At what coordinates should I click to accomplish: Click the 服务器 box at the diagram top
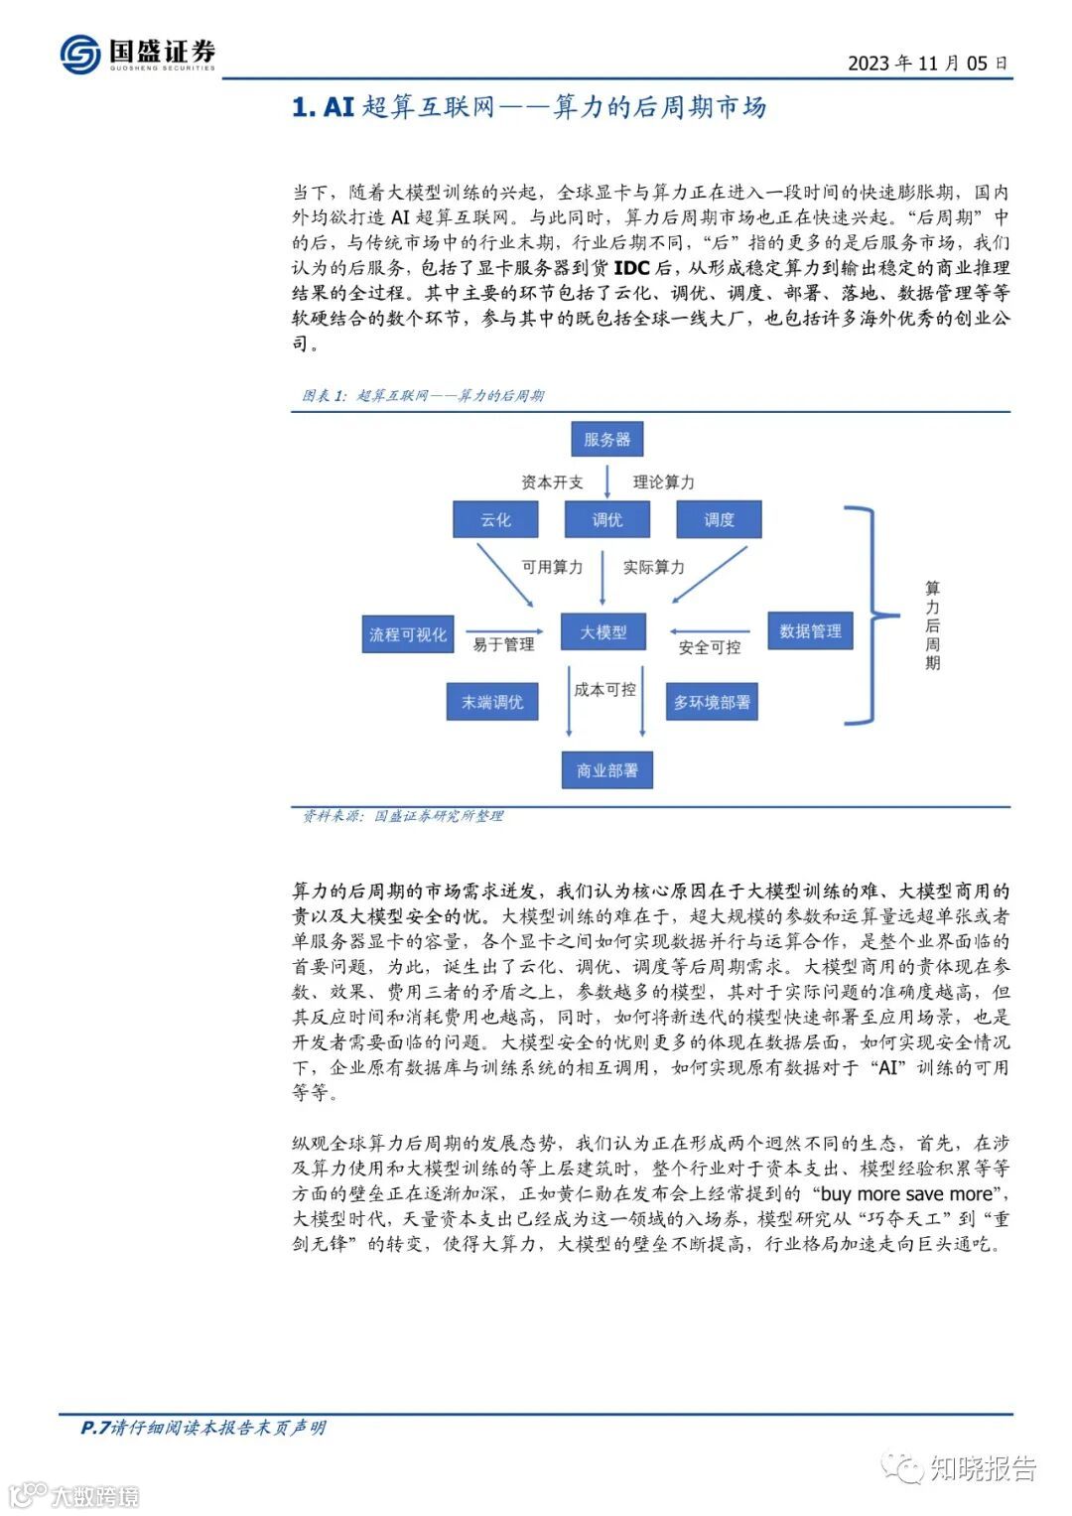606,439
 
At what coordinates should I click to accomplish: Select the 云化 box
495,519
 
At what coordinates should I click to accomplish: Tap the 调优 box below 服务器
606,519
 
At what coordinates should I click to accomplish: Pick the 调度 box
719,519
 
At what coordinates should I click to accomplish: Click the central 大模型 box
603,631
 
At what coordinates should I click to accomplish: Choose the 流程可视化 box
407,634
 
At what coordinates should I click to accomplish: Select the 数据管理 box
810,630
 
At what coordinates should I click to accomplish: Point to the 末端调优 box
491,702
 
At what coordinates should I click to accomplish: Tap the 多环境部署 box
712,702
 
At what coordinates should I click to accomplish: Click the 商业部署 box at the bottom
606,770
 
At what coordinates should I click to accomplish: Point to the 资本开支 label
552,482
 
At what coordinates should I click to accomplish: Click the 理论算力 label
663,482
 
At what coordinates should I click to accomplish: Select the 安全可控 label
709,647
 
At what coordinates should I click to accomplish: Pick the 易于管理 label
503,645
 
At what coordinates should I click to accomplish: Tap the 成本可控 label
604,689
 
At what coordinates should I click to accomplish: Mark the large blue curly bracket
862,616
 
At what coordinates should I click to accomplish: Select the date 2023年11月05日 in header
927,64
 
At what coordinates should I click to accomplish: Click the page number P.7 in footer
94,1428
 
